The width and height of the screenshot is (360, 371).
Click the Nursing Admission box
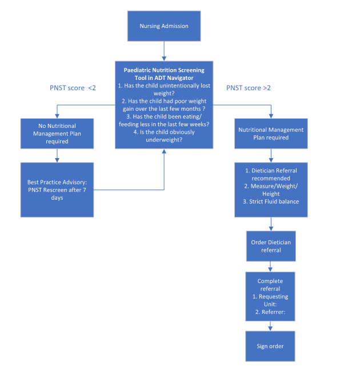point(164,26)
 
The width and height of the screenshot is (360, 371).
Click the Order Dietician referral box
point(270,246)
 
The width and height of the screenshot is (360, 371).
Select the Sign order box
point(270,346)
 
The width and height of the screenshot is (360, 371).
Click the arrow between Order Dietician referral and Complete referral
point(270,266)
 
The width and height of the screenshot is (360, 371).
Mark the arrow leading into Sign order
point(270,326)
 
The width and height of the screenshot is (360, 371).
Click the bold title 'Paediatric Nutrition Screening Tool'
point(164,74)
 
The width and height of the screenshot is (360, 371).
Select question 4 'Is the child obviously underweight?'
point(164,136)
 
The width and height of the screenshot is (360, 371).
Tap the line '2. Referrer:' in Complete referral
point(270,313)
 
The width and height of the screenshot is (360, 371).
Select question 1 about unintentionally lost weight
point(164,89)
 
